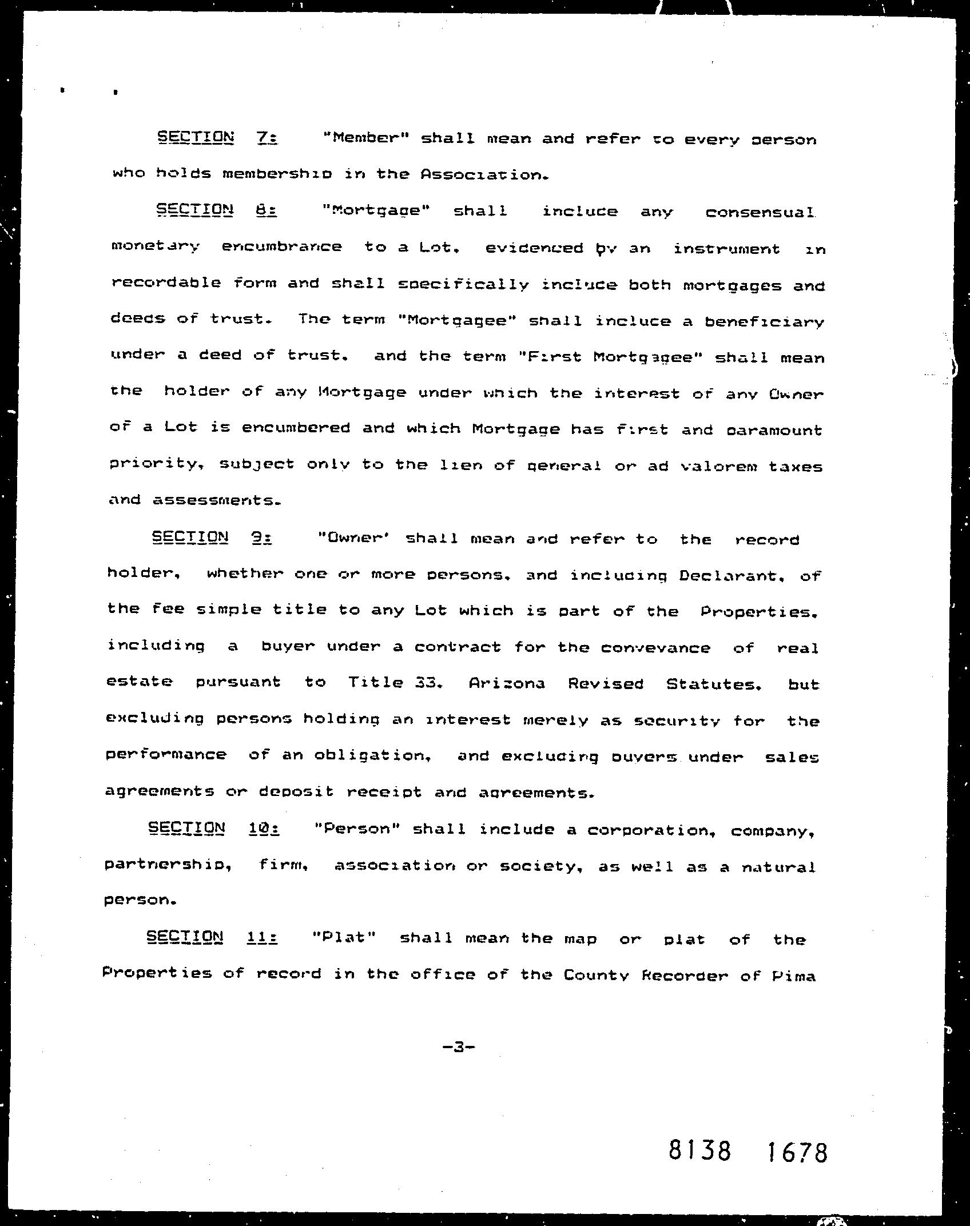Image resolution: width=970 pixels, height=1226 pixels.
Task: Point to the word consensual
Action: click(760, 213)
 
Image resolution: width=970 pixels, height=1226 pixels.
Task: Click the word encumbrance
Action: click(281, 247)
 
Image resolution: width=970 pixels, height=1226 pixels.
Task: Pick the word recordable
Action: click(166, 282)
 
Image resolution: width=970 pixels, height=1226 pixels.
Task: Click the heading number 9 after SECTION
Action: click(260, 538)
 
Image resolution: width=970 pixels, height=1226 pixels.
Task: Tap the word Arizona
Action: click(507, 683)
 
